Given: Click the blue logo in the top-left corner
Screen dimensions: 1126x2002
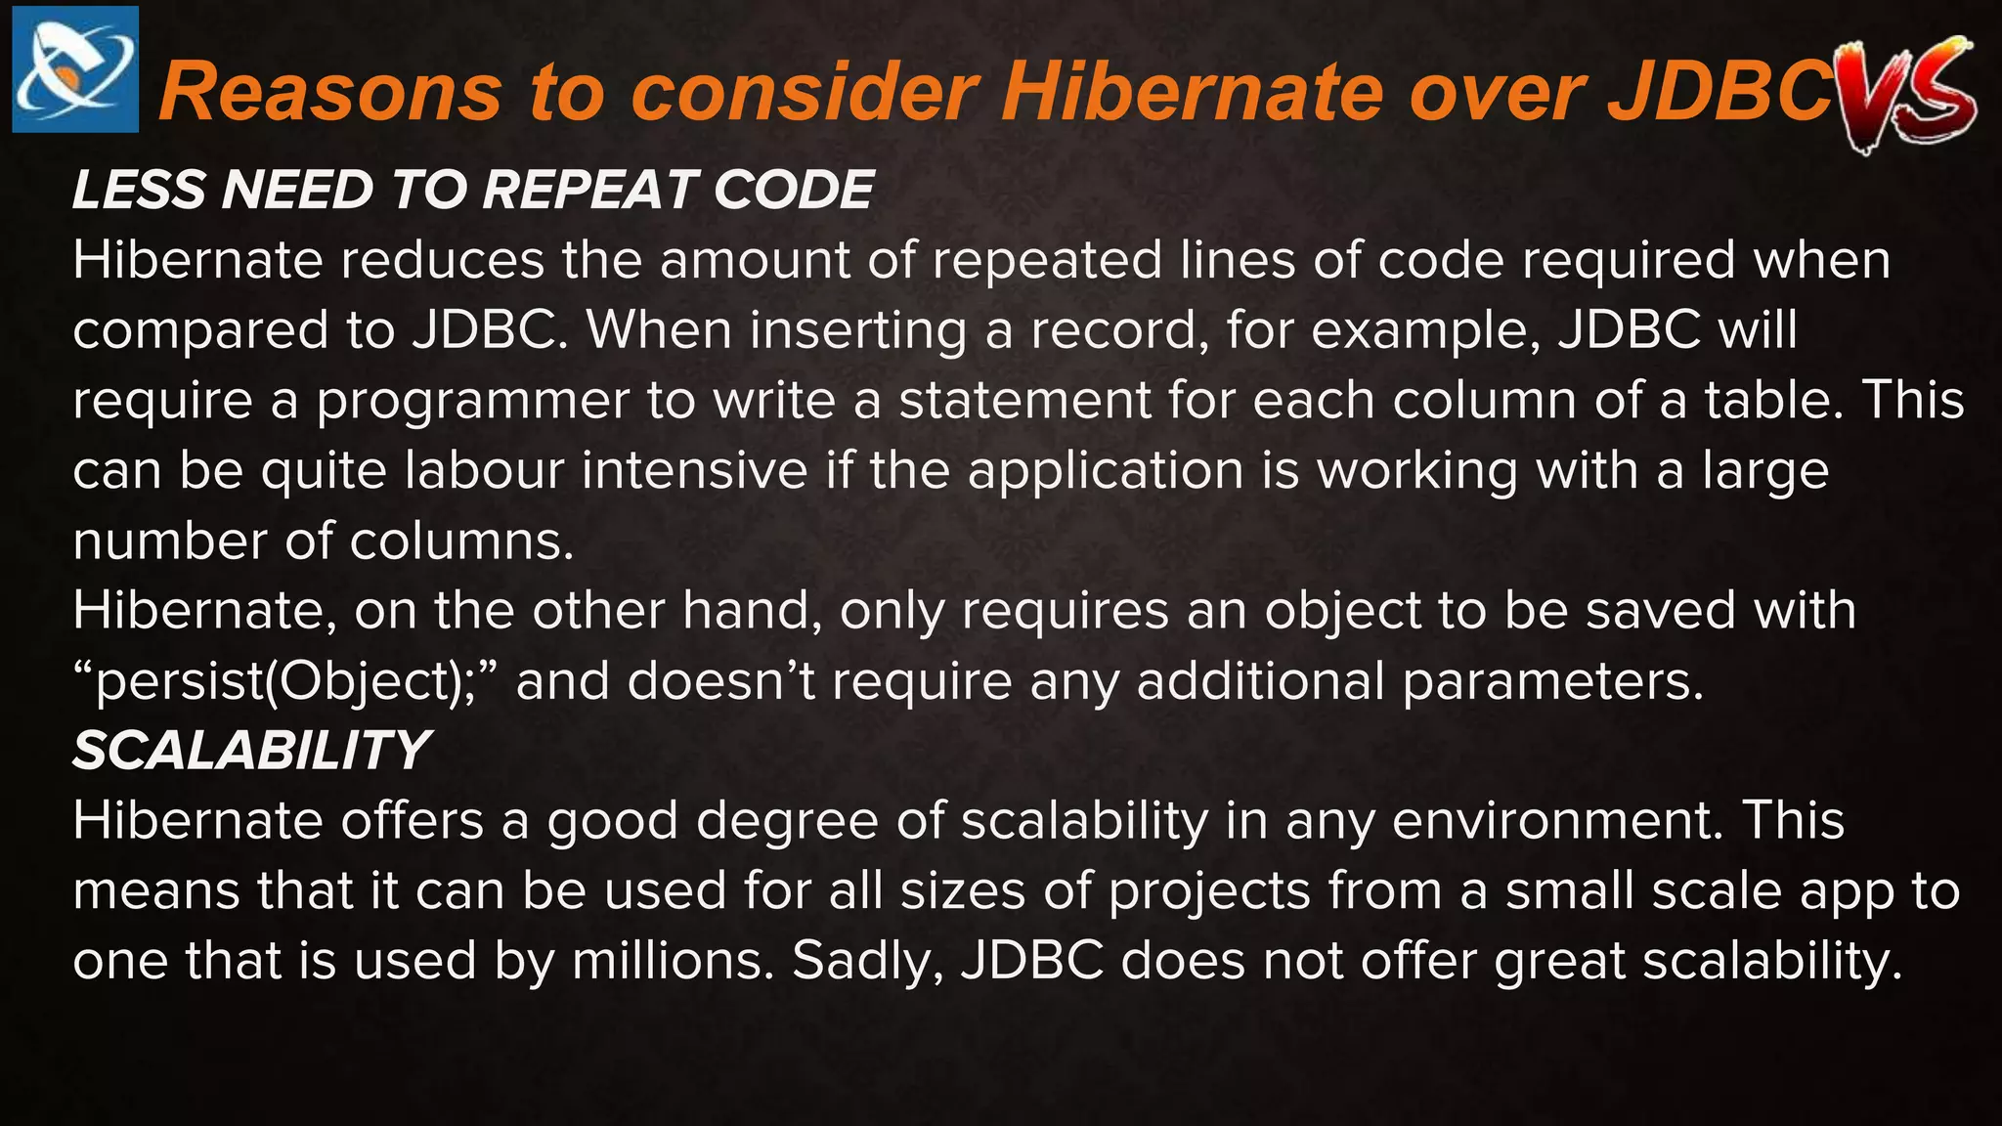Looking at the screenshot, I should pyautogui.click(x=75, y=69).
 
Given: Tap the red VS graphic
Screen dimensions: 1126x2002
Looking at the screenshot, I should pyautogui.click(x=1905, y=93).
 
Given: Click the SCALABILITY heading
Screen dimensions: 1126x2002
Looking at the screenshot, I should pyautogui.click(x=251, y=751).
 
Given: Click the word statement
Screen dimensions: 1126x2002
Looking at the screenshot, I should pyautogui.click(x=1025, y=401).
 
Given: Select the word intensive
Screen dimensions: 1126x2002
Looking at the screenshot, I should pyautogui.click(x=695, y=471).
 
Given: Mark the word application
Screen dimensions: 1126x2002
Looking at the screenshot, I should pyautogui.click(x=1106, y=471).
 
